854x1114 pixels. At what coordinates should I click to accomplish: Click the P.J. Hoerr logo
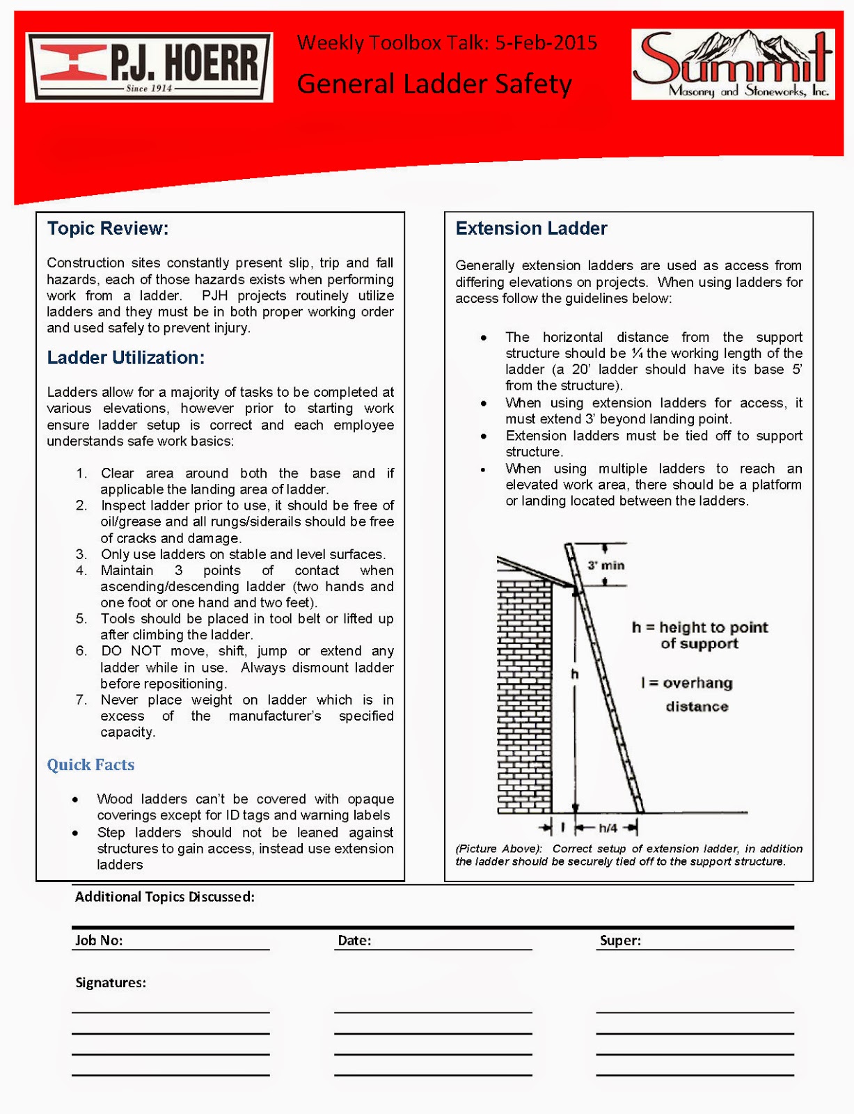(149, 67)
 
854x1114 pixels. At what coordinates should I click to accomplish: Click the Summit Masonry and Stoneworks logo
(732, 65)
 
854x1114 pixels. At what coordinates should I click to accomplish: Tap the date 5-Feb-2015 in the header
(546, 43)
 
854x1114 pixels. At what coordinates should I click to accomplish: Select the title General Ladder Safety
(434, 84)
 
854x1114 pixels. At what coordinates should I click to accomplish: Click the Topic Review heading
(108, 228)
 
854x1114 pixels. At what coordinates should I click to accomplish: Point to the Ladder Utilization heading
(126, 358)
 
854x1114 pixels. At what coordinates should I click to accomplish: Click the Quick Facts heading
(90, 764)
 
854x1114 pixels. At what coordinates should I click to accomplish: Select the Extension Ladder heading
(531, 228)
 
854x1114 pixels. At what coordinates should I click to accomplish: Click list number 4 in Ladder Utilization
(81, 571)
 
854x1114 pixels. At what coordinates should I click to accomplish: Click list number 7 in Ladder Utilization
(81, 700)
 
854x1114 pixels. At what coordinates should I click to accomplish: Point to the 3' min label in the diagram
(606, 565)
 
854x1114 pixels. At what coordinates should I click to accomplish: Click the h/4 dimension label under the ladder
(608, 828)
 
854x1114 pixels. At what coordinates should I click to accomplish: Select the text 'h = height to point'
(699, 627)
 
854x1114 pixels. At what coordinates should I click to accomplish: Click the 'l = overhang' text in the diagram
(686, 683)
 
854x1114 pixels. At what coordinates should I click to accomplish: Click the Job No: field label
(99, 941)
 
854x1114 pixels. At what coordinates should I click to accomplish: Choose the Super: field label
(620, 941)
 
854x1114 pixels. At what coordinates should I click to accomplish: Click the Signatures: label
(111, 983)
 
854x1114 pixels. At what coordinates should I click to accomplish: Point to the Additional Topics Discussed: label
(165, 897)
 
